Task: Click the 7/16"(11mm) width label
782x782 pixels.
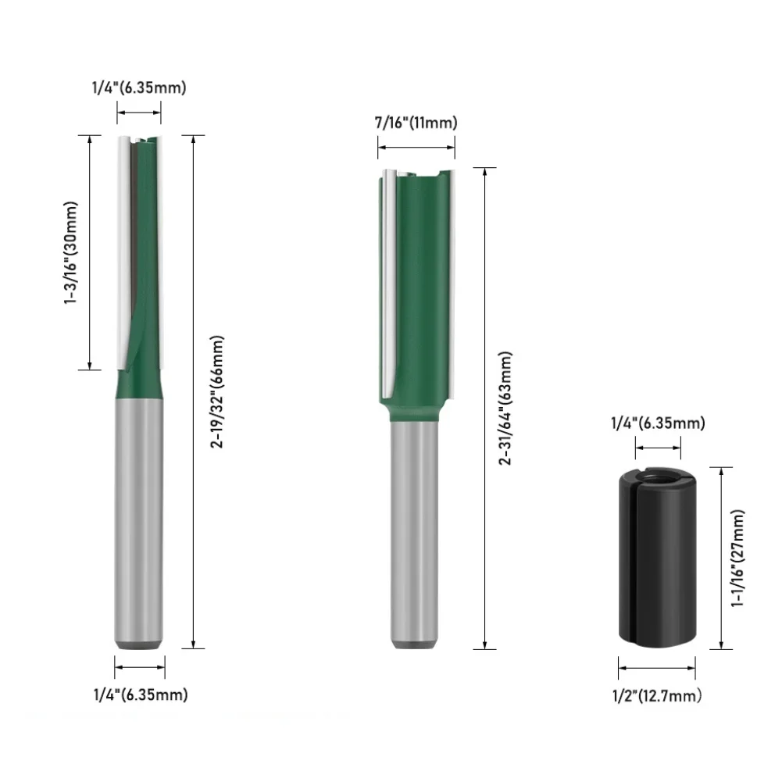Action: tap(416, 123)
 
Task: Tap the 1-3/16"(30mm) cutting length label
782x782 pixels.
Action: tap(71, 252)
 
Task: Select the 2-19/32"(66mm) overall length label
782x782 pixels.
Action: tap(217, 391)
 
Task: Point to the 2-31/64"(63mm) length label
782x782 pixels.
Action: tap(505, 408)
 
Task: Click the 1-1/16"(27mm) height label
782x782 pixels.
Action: tap(737, 558)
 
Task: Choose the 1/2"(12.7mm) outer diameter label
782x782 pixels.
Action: tap(657, 695)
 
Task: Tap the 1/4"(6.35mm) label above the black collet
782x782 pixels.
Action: tap(658, 423)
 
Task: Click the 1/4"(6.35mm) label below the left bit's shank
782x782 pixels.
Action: tap(141, 695)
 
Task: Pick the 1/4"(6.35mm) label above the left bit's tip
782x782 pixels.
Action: tap(139, 87)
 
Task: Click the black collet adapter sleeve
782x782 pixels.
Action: tap(657, 559)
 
